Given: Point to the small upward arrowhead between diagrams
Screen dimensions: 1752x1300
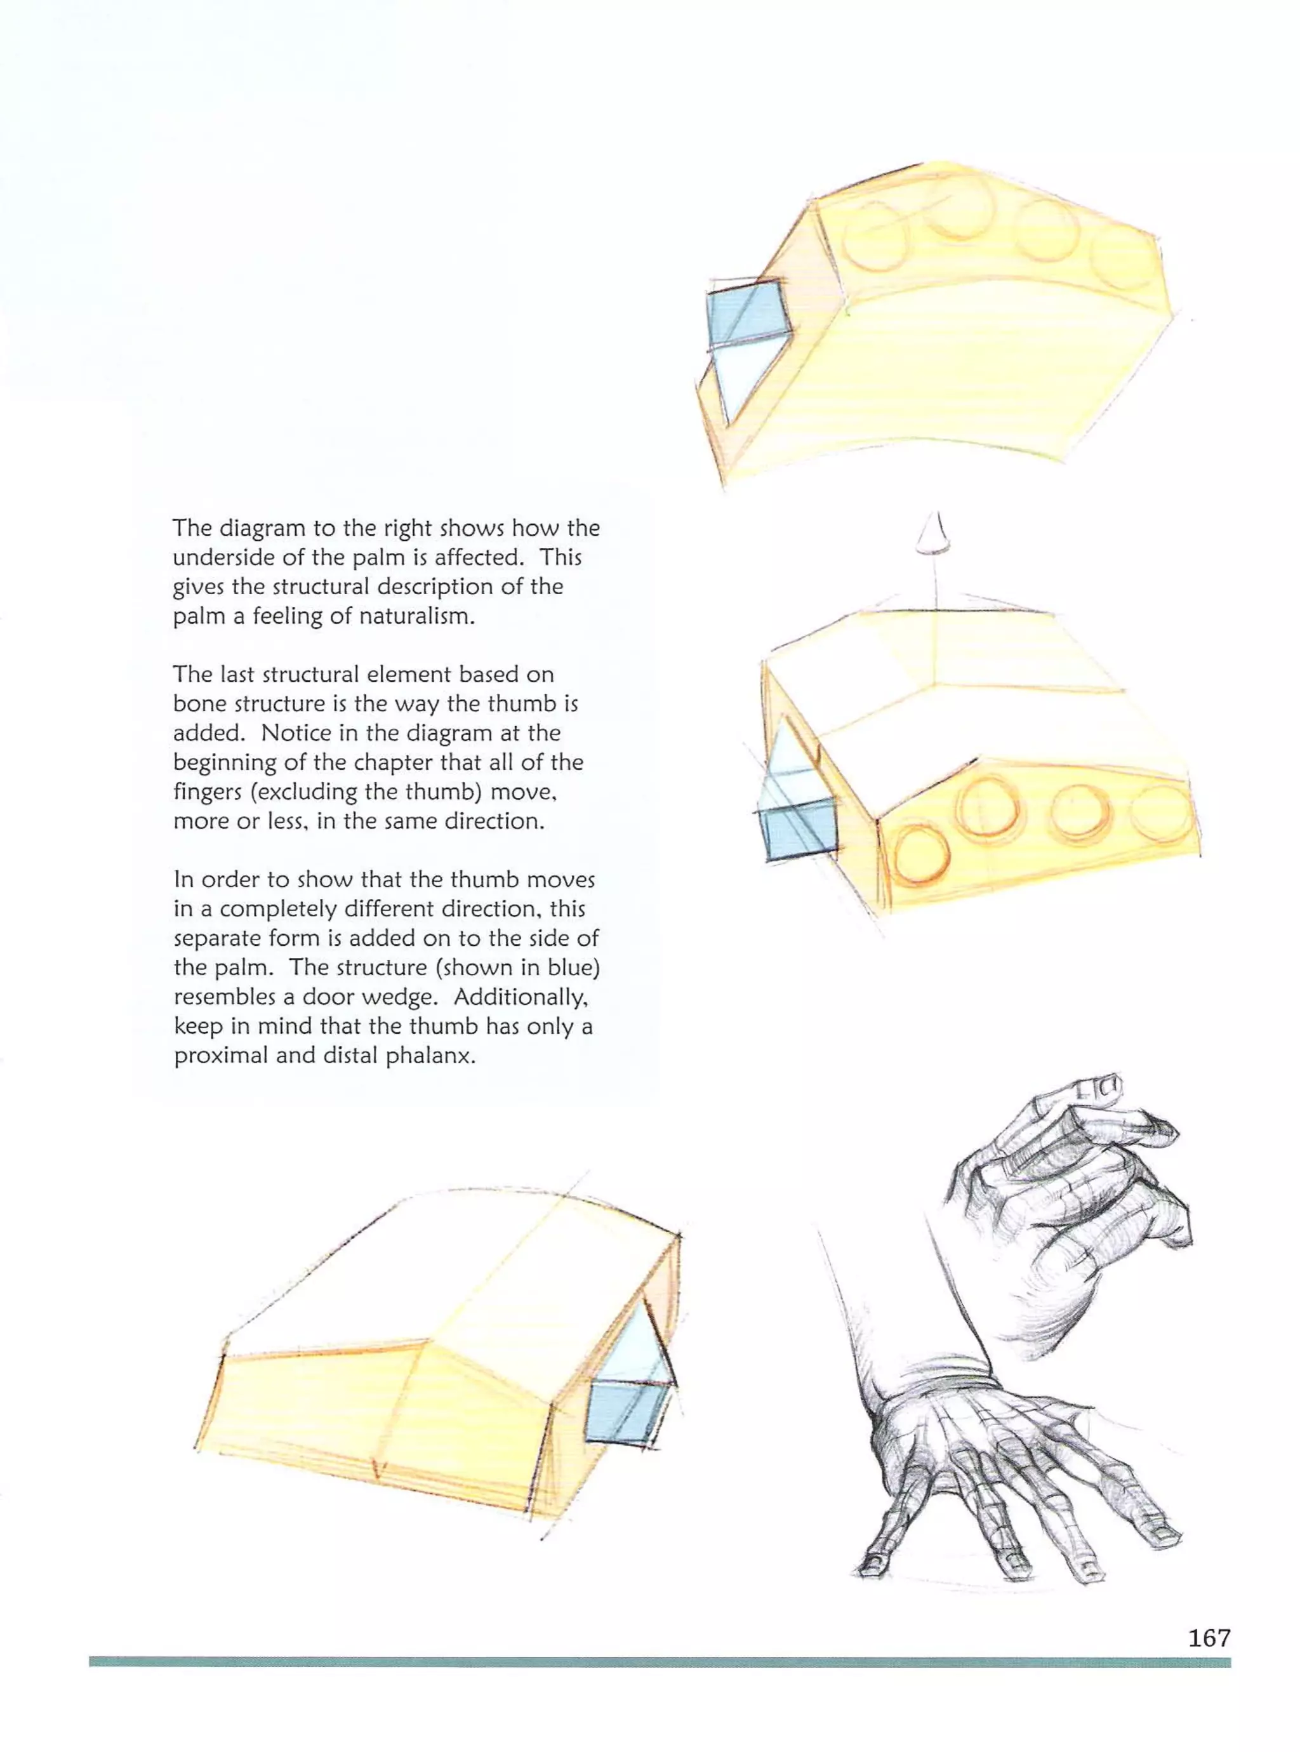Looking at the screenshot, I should (935, 536).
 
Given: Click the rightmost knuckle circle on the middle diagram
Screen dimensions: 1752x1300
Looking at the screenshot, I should (1161, 819).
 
